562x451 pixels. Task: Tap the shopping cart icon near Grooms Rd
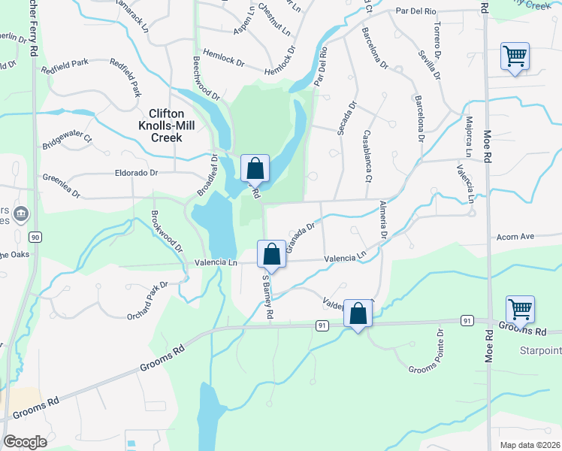pos(520,309)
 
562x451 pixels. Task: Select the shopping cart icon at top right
pos(515,56)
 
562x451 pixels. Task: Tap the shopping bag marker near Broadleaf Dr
pos(255,168)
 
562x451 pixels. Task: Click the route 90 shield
pos(35,237)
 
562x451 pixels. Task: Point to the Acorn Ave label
pos(515,236)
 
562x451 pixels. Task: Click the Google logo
pos(26,442)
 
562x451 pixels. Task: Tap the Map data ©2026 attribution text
pos(529,445)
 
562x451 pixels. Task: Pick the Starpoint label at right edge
pos(541,351)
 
